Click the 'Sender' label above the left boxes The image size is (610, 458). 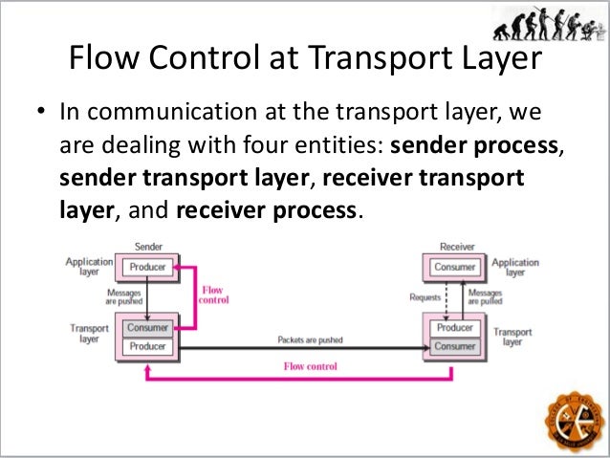(147, 247)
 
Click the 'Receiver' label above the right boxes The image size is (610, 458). (456, 247)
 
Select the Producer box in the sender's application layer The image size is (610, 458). (147, 268)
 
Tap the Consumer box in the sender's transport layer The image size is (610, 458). (147, 327)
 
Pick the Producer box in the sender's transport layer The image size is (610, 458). (147, 346)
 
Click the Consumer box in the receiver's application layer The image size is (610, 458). (455, 268)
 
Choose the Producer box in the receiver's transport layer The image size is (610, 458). (455, 327)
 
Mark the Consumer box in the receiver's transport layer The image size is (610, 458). (455, 346)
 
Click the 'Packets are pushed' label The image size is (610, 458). (310, 339)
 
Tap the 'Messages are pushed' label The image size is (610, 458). (124, 297)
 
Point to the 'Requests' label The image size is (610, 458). (424, 297)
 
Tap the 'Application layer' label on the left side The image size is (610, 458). (83, 266)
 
